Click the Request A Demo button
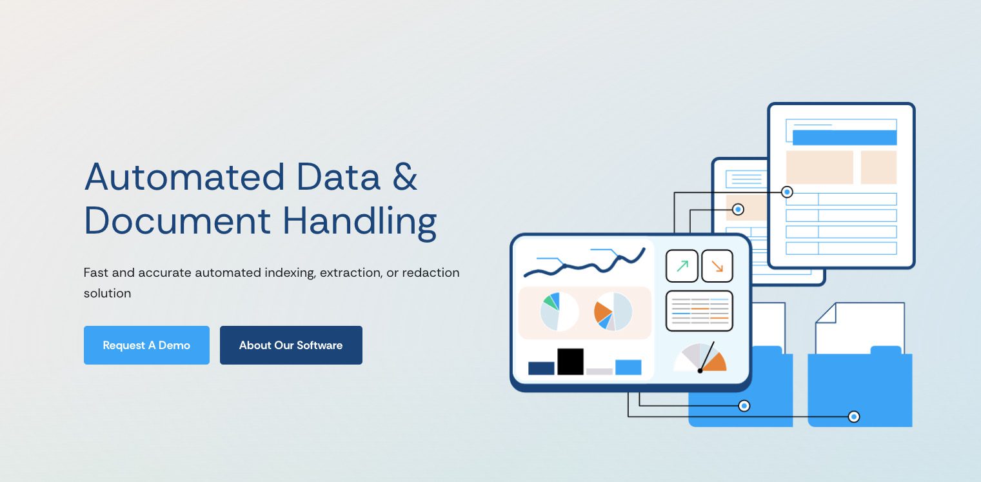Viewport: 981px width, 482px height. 146,345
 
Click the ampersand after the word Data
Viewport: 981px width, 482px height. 404,177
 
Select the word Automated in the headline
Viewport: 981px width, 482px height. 184,177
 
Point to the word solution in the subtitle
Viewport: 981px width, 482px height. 107,293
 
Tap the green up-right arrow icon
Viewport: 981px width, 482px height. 682,266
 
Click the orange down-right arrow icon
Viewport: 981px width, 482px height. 717,266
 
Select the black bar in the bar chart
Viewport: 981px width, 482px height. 570,361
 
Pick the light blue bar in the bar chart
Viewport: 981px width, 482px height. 628,367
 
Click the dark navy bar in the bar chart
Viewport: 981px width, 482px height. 541,368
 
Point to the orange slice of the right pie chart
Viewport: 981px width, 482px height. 602,310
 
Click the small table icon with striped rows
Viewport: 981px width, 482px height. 699,310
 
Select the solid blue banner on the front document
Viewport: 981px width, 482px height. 844,137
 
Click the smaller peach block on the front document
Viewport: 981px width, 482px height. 878,167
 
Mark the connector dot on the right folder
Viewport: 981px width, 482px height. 853,416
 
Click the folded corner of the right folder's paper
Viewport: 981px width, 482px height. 826,313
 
